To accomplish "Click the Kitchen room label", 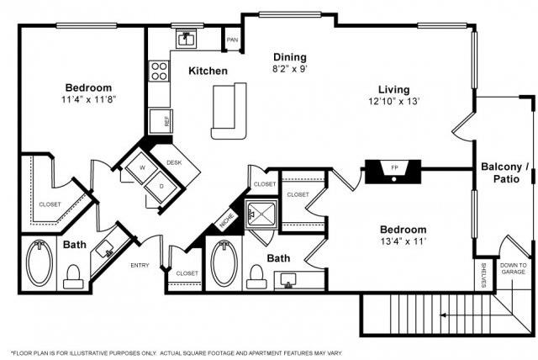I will pos(207,71).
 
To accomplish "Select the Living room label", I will pos(393,89).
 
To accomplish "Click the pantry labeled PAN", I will pos(232,39).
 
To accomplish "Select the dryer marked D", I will pos(161,185).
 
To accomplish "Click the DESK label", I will pos(175,162).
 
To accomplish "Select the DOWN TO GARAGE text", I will pos(513,267).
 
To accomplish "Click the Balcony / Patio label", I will pos(504,173).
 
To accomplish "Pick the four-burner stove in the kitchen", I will pos(159,71).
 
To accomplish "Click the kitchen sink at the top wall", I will pos(186,39).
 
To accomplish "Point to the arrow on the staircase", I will pos(445,317).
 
